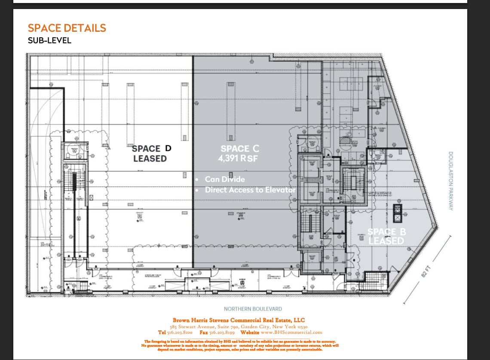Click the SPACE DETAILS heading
coord(67,28)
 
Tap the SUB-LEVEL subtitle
coord(49,41)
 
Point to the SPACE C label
coord(240,149)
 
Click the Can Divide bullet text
coord(224,179)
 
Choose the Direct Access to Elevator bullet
coord(250,189)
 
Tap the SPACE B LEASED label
coord(386,236)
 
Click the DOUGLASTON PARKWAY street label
coord(451,180)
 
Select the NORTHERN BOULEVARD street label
coord(253,309)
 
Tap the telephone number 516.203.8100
coord(182,332)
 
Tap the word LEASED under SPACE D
coord(150,158)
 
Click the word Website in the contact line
coord(250,332)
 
